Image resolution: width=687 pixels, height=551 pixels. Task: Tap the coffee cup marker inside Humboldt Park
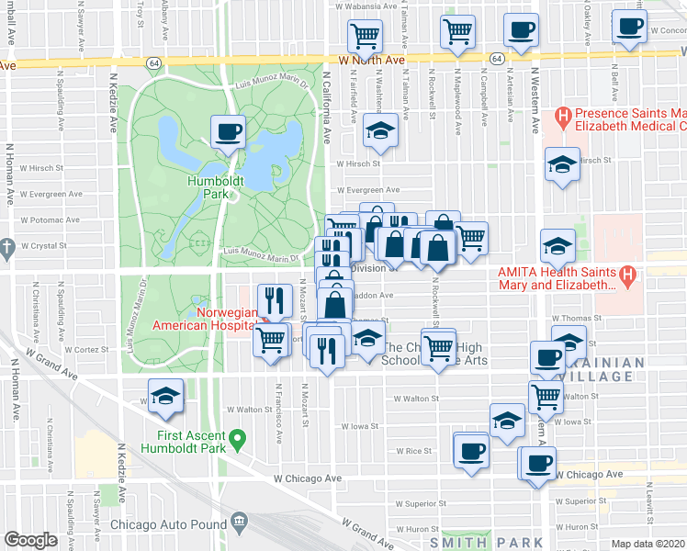[228, 130]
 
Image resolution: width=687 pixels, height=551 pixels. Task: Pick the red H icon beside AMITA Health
[627, 273]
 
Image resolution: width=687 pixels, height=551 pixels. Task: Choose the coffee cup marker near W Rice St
[472, 450]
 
